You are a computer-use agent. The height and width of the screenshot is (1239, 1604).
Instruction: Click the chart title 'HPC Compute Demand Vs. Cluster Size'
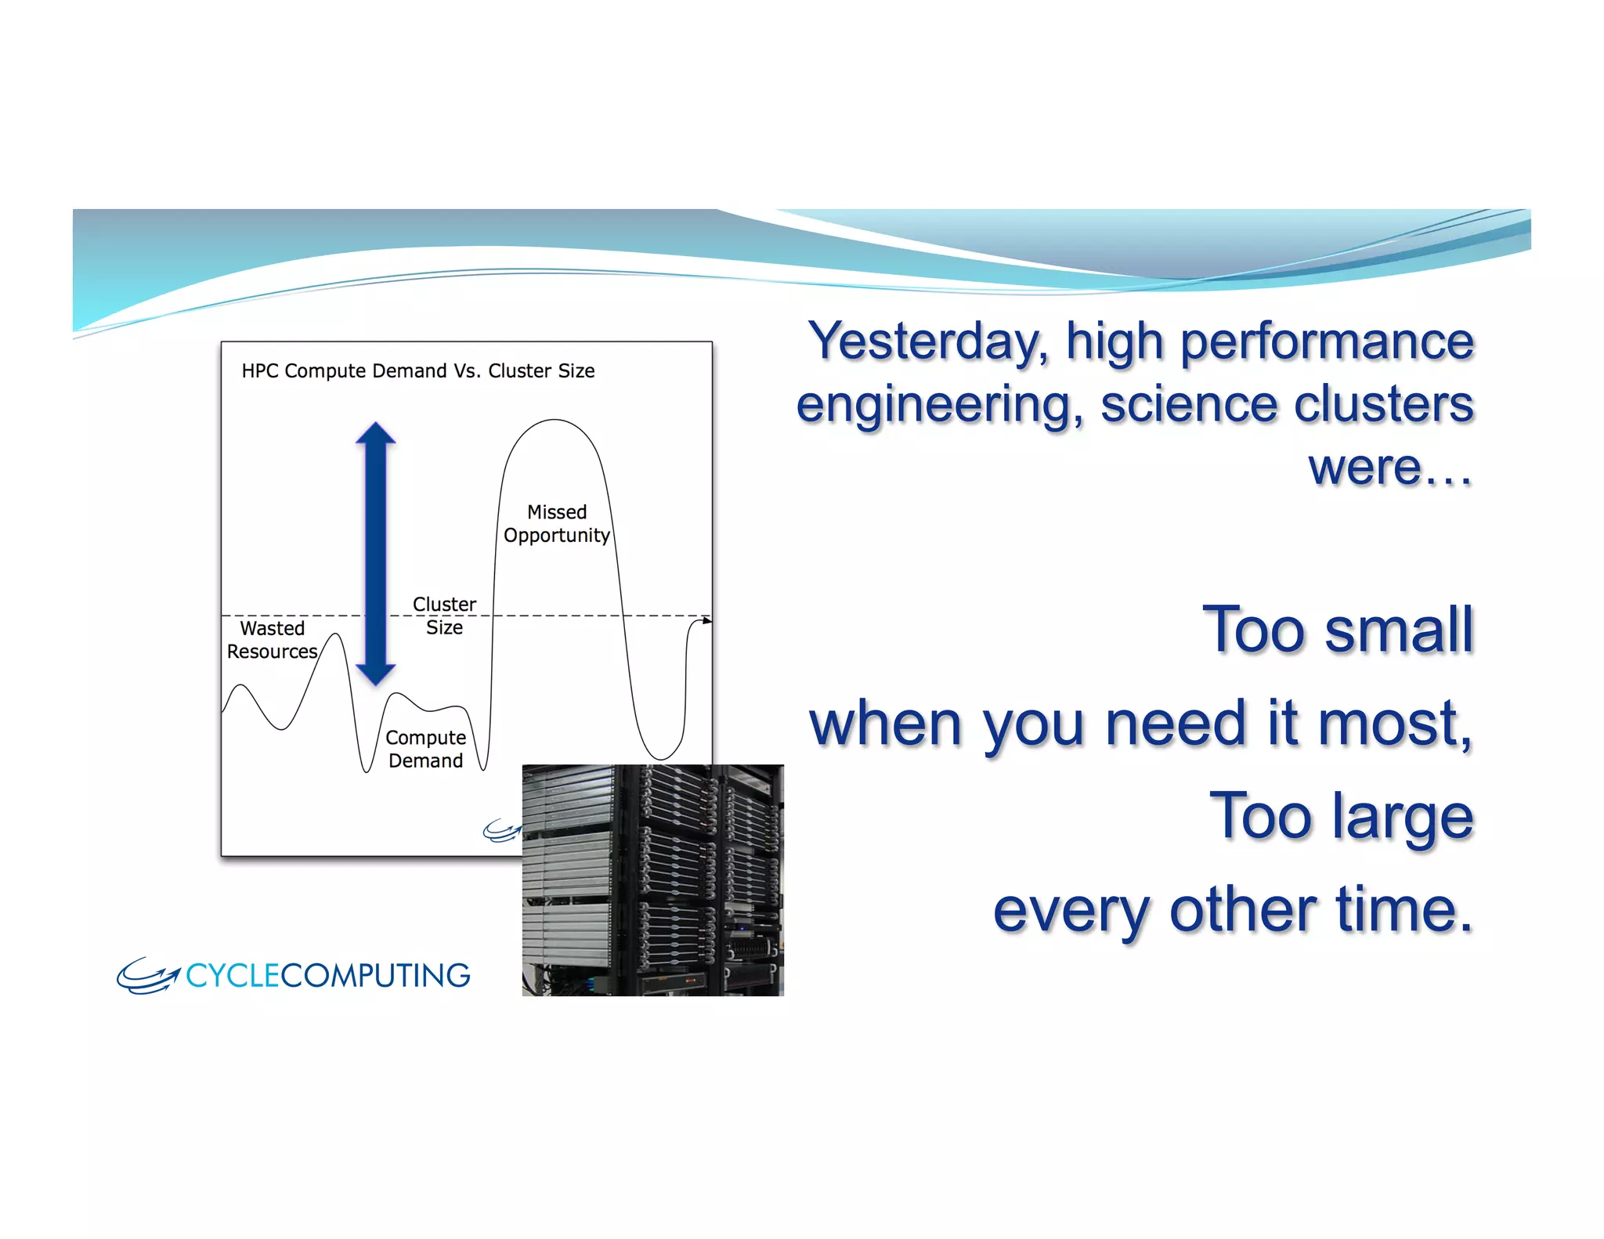tap(417, 370)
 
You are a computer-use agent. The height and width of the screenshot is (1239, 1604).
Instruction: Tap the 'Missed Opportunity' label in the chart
tap(556, 523)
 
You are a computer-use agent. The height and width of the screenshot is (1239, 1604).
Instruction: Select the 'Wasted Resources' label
tap(272, 640)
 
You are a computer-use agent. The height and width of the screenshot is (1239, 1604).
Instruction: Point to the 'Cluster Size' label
tap(444, 616)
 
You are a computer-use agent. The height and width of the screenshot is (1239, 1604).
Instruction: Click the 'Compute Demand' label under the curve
tap(425, 749)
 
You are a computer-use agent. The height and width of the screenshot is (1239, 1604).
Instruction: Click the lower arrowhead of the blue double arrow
tap(376, 673)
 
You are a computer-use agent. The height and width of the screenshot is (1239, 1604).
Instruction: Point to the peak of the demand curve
tap(555, 421)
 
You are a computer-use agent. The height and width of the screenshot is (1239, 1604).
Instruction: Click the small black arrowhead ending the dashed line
tap(707, 620)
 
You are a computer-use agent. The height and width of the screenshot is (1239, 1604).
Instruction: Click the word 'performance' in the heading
tap(1327, 342)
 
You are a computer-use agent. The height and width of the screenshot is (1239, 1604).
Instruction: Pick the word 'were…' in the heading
tap(1390, 468)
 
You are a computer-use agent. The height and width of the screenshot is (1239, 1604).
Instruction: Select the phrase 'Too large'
tap(1341, 816)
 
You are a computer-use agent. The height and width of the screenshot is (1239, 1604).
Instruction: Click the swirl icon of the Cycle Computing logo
tap(147, 976)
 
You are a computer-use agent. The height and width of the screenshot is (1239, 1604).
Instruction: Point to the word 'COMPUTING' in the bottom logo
tap(375, 976)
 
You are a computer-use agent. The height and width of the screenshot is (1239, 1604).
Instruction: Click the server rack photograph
tap(652, 880)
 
